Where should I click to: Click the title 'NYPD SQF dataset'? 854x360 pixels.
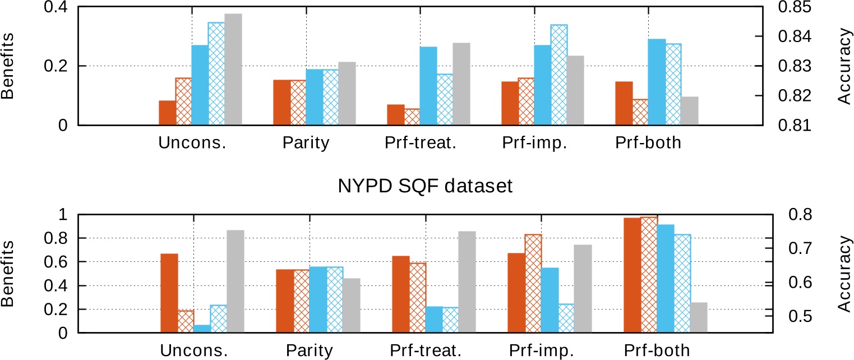(425, 186)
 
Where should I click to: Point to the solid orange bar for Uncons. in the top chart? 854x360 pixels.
(167, 113)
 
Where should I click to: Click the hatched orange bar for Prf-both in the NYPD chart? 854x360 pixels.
(649, 275)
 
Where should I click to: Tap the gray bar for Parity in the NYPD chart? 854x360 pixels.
(352, 306)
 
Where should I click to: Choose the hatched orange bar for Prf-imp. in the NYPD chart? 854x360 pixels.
(533, 284)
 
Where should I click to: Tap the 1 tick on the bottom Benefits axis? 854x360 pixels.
(63, 215)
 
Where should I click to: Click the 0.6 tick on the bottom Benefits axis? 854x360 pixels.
(56, 262)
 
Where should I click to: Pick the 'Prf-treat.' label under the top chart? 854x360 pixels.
(421, 143)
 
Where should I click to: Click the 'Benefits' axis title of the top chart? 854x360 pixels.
(8, 66)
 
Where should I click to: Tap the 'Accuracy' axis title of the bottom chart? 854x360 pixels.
(845, 274)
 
